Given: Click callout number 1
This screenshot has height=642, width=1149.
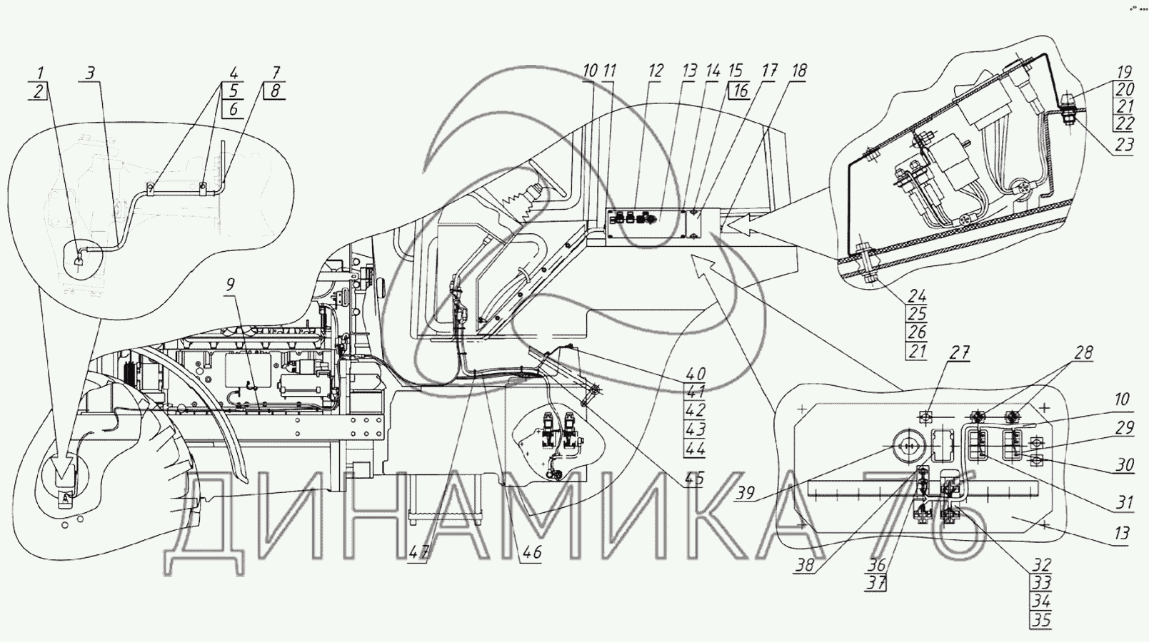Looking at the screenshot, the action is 40,73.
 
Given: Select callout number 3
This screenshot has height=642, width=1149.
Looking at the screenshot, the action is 90,73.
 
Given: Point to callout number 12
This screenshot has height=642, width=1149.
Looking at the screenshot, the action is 656,71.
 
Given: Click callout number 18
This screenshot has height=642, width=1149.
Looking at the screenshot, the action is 798,71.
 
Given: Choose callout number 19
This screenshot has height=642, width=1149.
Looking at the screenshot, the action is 1125,72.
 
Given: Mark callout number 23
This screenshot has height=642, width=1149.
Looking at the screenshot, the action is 1125,145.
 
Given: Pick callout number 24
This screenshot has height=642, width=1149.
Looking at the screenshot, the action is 917,296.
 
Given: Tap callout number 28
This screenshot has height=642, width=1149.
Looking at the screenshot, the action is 1083,353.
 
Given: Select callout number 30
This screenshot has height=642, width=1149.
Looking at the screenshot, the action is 1125,466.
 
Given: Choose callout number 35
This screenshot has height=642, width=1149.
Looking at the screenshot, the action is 1042,620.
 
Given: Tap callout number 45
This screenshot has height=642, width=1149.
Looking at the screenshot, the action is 694,479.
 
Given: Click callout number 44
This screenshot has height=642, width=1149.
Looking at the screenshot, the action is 694,449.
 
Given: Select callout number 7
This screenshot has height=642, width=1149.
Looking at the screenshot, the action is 276,73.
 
